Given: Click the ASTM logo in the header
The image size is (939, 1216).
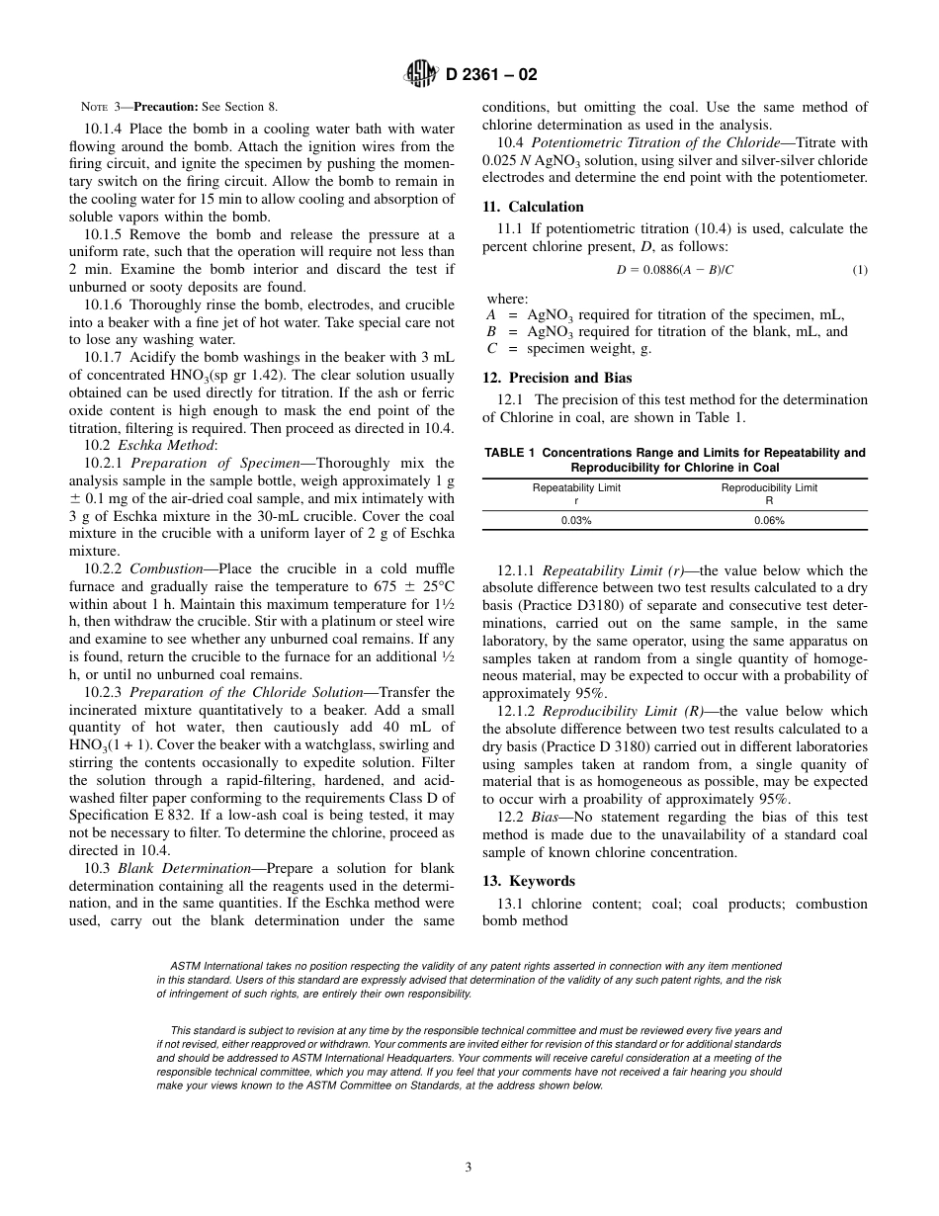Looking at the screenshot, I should [x=423, y=74].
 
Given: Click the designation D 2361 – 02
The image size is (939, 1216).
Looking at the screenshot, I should [x=491, y=75].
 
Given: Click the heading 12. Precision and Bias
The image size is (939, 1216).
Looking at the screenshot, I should [x=556, y=378].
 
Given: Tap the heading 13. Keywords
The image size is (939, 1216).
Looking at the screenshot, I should [x=528, y=881].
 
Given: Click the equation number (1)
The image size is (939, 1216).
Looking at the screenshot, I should [x=859, y=270].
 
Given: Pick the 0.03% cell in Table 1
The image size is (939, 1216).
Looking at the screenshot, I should [x=576, y=520].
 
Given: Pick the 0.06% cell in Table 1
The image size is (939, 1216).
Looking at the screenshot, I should [x=769, y=520].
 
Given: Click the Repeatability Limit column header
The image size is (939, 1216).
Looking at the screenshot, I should [x=576, y=487].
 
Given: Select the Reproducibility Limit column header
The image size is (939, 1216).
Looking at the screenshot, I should [x=769, y=487].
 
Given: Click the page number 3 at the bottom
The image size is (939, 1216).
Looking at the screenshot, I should [x=469, y=1167].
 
